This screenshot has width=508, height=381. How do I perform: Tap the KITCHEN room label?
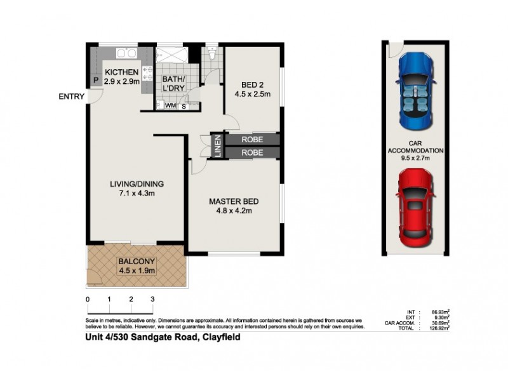(122, 72)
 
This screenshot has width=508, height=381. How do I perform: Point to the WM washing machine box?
(170, 105)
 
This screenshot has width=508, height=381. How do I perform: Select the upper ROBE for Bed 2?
(252, 140)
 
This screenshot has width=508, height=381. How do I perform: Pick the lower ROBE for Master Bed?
(252, 153)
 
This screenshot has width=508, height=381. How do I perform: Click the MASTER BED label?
(234, 202)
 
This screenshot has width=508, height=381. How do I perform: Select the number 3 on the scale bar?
(152, 298)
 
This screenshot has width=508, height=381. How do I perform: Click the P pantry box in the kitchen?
(95, 81)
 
